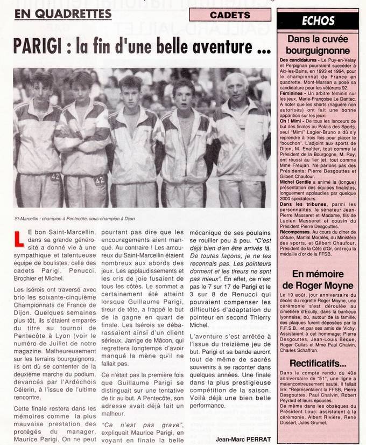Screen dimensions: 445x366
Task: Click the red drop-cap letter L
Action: pos(20,238)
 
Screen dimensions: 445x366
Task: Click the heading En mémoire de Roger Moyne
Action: pos(320,280)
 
